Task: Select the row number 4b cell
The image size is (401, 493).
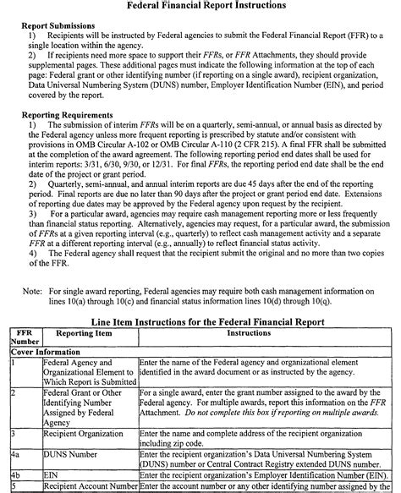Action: coord(17,475)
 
